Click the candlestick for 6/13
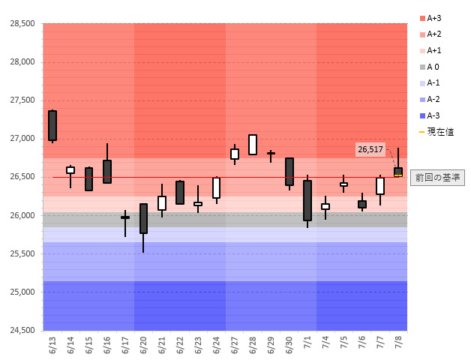pyautogui.click(x=52, y=125)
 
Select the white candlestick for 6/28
pyautogui.click(x=253, y=145)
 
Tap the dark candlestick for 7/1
pyautogui.click(x=307, y=200)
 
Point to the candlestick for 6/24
pyautogui.click(x=216, y=187)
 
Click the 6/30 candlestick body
pyautogui.click(x=289, y=172)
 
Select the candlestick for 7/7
pyautogui.click(x=380, y=186)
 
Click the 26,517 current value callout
pyautogui.click(x=370, y=150)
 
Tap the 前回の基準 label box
pyautogui.click(x=440, y=178)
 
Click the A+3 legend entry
pyautogui.click(x=434, y=18)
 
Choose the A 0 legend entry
pyautogui.click(x=434, y=67)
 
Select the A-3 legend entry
pyautogui.click(x=434, y=115)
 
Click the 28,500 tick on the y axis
pyautogui.click(x=22, y=23)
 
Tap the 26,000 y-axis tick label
pyautogui.click(x=22, y=215)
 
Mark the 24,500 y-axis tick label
pyautogui.click(x=22, y=331)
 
